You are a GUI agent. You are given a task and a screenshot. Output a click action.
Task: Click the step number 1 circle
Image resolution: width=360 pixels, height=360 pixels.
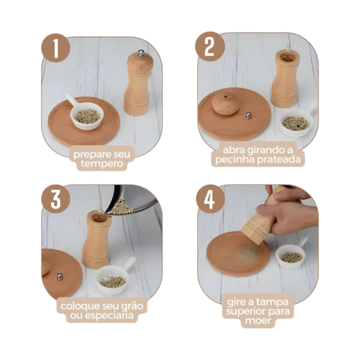point(56,49)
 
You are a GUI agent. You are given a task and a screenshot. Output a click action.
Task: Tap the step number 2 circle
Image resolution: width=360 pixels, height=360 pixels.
point(209,46)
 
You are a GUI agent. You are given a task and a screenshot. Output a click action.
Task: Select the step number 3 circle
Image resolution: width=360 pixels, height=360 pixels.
point(56,199)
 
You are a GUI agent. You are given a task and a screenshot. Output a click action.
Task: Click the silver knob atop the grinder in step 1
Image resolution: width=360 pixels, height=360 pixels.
point(141,53)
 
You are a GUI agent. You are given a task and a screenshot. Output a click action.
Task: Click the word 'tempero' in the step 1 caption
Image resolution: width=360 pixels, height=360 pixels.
point(101,164)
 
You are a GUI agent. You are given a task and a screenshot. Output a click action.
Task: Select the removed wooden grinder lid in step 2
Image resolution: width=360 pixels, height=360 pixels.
point(225,105)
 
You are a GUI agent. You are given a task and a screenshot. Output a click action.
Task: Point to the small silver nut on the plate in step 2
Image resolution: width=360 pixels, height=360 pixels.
point(248,116)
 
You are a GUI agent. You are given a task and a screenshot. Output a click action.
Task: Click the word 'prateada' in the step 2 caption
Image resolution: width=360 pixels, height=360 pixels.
point(279,159)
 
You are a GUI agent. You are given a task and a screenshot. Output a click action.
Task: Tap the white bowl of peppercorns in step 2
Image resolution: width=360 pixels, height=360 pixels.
point(297,122)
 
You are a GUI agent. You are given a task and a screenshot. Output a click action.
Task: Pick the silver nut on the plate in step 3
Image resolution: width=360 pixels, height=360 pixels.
point(59,277)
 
